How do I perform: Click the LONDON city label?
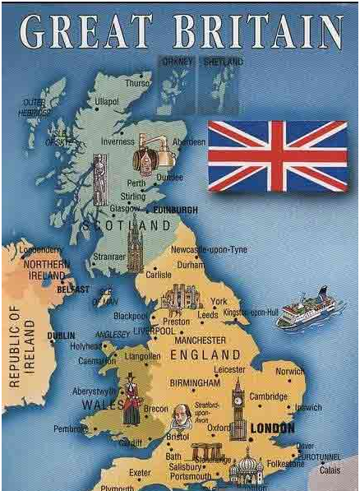click(271, 428)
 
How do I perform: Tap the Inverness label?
click(118, 141)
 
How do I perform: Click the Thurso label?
click(137, 83)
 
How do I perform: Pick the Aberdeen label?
click(189, 141)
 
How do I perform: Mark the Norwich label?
click(290, 371)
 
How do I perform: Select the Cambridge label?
click(268, 396)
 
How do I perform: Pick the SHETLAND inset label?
click(224, 62)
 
